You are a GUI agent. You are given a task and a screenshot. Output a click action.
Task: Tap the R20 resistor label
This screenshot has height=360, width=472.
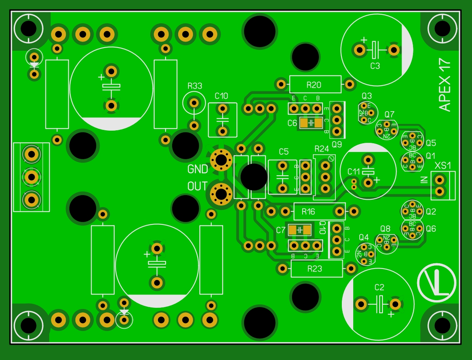point(314,85)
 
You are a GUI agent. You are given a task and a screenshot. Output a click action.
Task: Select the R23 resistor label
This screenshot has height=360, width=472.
point(315,269)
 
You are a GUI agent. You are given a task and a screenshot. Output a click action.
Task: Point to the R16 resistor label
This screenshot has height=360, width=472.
point(309,212)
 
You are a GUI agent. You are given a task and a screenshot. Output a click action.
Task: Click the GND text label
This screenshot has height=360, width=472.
point(198,169)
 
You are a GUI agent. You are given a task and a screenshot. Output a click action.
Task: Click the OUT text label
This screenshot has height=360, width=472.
point(197,187)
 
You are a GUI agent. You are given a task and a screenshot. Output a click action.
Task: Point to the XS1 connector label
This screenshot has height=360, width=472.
point(443,166)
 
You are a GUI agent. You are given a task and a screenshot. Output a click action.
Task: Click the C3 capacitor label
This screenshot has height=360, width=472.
point(375,66)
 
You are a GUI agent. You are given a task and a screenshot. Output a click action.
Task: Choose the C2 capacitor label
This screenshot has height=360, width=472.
point(380,287)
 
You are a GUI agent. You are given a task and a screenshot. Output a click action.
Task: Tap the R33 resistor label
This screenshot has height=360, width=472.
point(195,86)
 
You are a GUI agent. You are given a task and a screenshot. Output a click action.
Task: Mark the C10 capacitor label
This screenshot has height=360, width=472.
point(222,96)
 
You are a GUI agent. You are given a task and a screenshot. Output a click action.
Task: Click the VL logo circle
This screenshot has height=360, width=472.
point(437,283)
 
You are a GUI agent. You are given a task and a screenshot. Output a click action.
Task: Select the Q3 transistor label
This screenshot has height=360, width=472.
point(367,96)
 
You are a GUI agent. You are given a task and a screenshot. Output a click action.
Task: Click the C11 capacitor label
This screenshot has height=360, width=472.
point(354,172)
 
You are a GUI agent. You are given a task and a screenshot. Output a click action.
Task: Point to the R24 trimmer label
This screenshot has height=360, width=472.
point(322,149)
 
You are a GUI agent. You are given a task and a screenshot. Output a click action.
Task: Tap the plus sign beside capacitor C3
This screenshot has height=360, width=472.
point(364,40)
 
